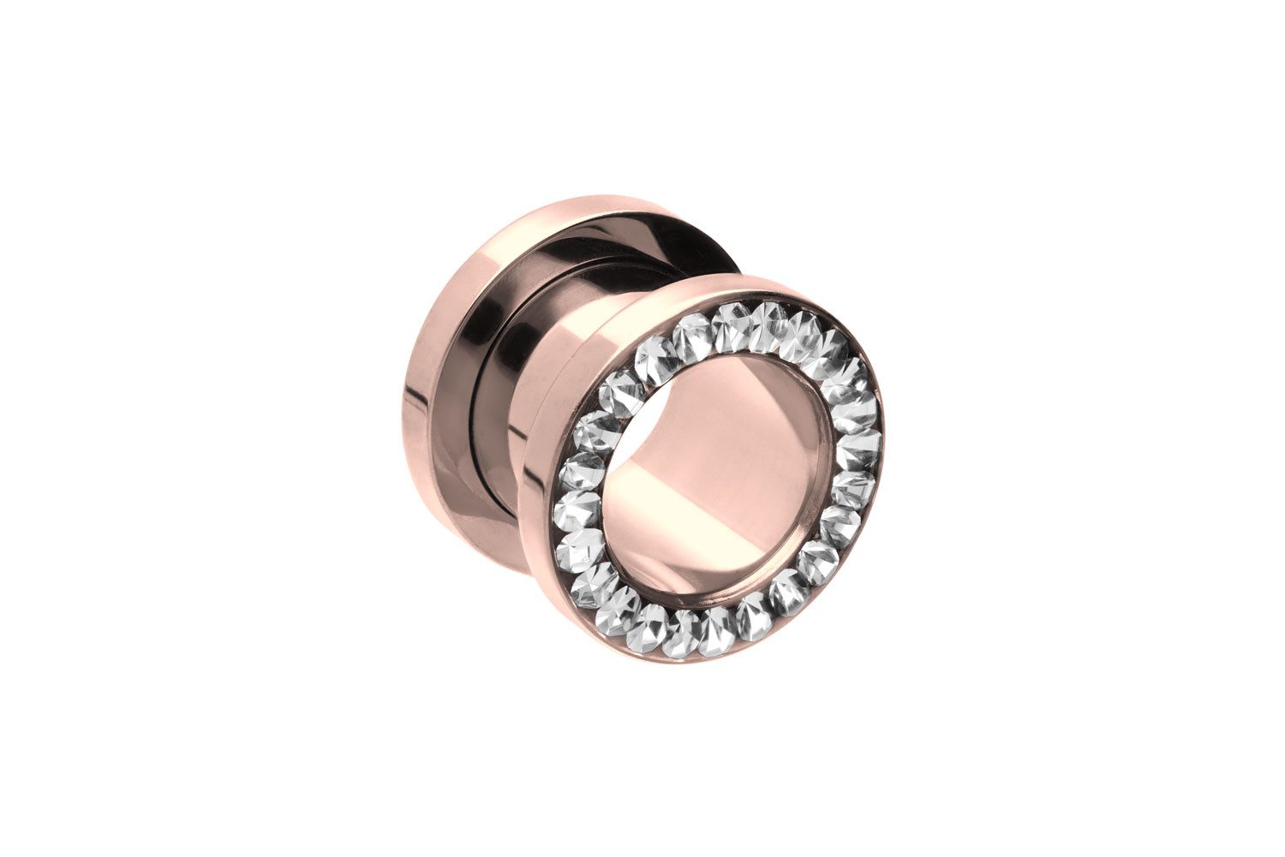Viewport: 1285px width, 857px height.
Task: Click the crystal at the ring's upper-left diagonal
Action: (619, 392)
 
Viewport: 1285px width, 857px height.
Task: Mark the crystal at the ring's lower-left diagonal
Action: (594, 585)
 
